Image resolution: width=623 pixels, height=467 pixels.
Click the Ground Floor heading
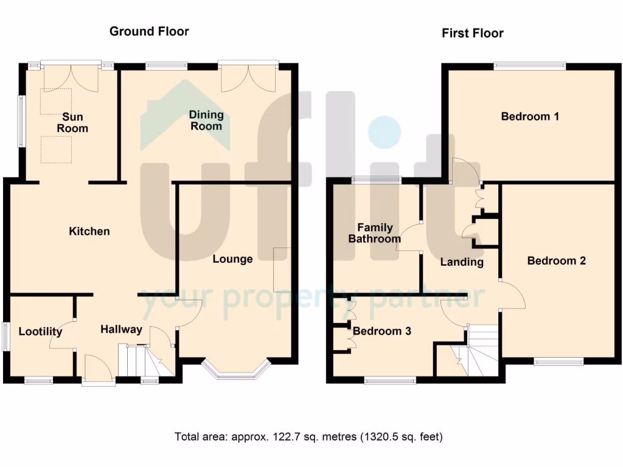(x=149, y=31)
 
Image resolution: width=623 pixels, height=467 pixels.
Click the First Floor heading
(x=472, y=33)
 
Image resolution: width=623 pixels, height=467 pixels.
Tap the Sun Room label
(x=72, y=122)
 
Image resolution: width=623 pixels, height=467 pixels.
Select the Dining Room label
(x=206, y=120)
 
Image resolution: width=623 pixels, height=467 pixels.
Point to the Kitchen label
(x=89, y=231)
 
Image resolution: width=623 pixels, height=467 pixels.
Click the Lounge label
(x=232, y=259)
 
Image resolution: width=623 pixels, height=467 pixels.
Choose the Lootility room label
(x=40, y=331)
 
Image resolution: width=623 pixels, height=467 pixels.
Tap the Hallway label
(x=121, y=330)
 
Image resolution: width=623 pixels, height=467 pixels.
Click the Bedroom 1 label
(x=530, y=116)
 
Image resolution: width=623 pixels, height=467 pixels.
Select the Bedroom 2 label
(x=556, y=261)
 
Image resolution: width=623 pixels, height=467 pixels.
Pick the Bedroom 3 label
(x=382, y=331)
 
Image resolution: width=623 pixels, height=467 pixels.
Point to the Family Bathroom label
(x=375, y=233)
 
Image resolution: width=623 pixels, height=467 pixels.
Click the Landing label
(x=462, y=262)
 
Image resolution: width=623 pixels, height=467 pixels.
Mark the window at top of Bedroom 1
(x=529, y=66)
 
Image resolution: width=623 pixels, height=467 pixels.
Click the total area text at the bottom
(x=308, y=437)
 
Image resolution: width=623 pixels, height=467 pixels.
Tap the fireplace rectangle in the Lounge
(x=282, y=269)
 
